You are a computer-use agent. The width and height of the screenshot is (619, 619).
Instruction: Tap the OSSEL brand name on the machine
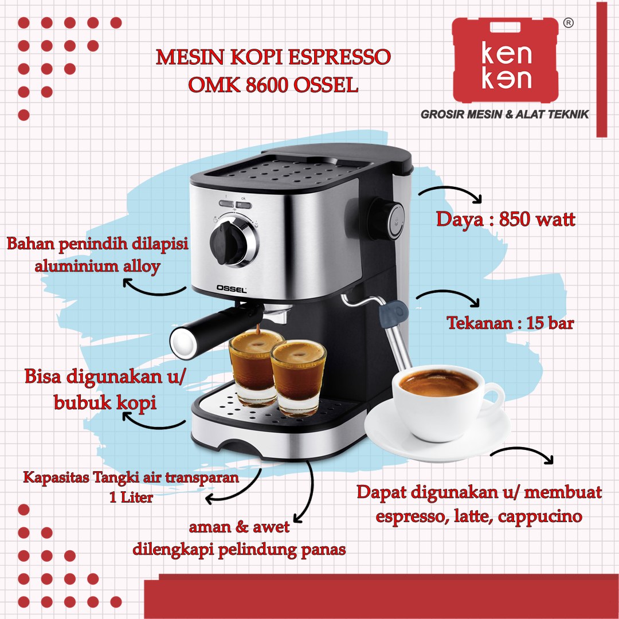pyautogui.click(x=232, y=291)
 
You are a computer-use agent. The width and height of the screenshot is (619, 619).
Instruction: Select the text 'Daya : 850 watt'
pyautogui.click(x=506, y=220)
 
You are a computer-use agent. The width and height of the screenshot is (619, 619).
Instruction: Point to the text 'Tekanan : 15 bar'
pyautogui.click(x=510, y=323)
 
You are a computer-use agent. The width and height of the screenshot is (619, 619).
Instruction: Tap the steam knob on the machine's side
pyautogui.click(x=391, y=218)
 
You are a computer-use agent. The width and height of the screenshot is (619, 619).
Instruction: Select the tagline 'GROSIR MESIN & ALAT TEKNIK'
pyautogui.click(x=505, y=115)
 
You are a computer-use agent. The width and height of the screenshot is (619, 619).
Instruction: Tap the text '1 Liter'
pyautogui.click(x=131, y=497)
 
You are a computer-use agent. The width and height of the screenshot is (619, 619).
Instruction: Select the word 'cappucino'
pyautogui.click(x=540, y=516)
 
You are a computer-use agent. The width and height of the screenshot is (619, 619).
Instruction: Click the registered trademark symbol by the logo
pyautogui.click(x=567, y=23)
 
